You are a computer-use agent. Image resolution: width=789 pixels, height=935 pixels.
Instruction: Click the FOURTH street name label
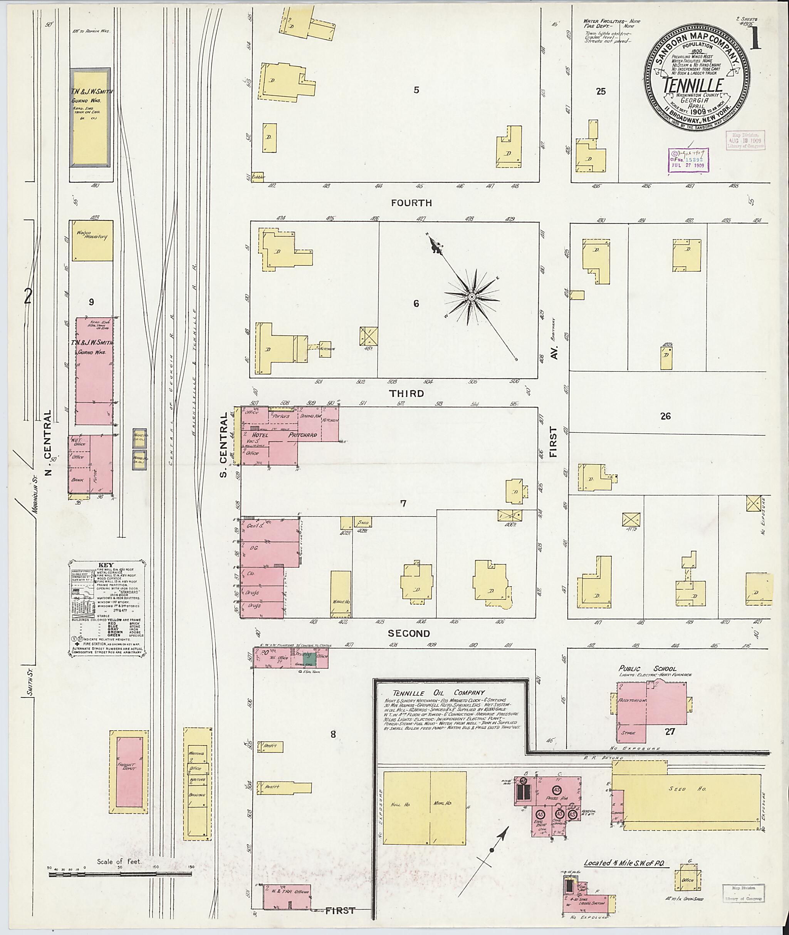tap(411, 203)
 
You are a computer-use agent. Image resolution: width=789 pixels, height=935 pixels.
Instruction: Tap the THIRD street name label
tap(406, 394)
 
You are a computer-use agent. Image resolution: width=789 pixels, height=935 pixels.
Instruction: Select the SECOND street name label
tap(409, 633)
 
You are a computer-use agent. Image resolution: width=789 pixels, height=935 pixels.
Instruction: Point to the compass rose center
tap(472, 297)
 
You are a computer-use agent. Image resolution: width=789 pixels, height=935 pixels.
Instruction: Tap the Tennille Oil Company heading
tap(438, 693)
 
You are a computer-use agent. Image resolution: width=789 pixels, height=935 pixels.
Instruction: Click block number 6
tap(416, 303)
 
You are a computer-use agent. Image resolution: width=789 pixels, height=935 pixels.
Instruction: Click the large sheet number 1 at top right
tap(756, 41)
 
